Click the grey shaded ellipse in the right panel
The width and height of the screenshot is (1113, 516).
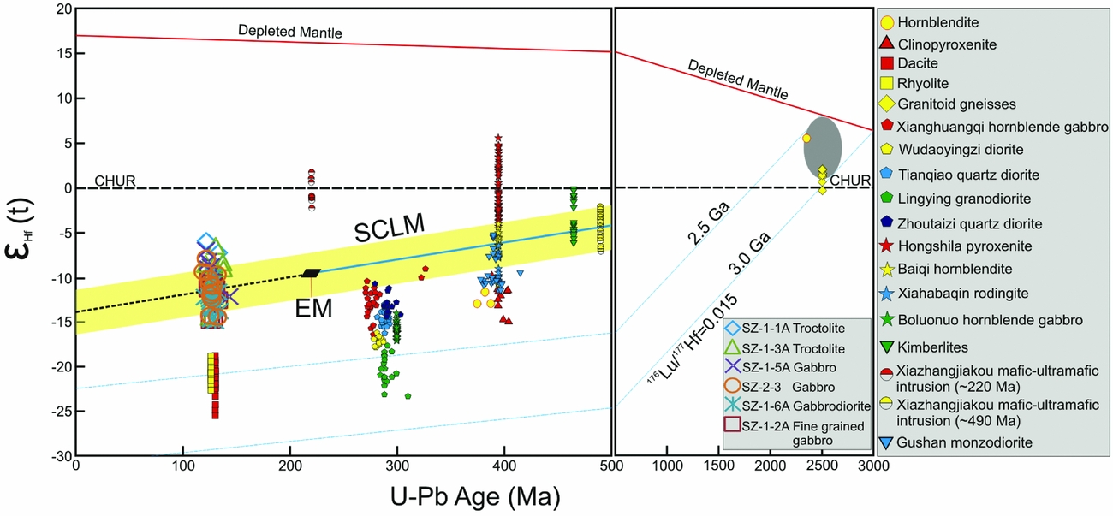pos(823,147)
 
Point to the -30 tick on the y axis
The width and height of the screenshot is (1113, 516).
pos(60,456)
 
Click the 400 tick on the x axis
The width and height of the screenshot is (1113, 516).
pos(504,465)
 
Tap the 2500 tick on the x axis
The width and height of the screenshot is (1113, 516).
pos(822,465)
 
